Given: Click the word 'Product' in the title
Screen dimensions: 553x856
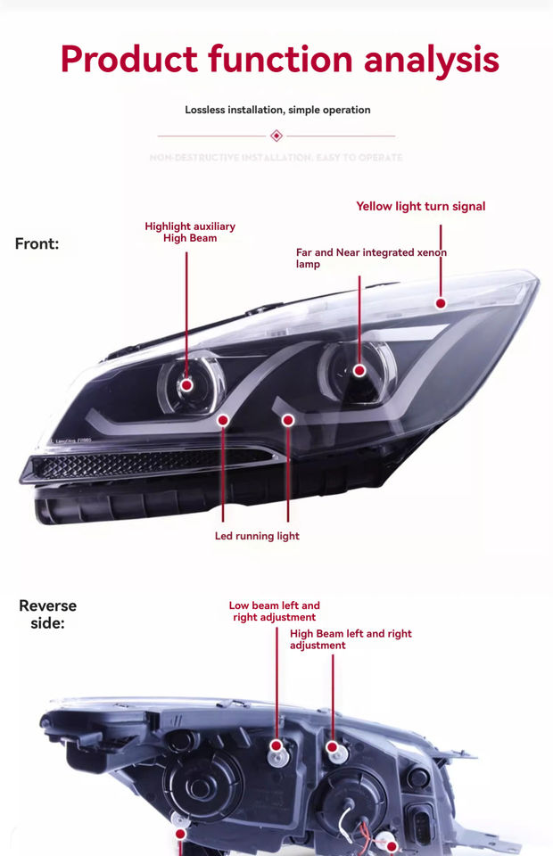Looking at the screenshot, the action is pyautogui.click(x=128, y=59).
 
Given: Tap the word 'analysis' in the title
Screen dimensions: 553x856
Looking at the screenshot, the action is pyautogui.click(x=432, y=59).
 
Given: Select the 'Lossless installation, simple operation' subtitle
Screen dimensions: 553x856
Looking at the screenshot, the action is pyautogui.click(x=277, y=110).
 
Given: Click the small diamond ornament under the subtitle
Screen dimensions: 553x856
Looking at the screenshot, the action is pyautogui.click(x=276, y=136).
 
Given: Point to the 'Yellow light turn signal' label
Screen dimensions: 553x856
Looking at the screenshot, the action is pyautogui.click(x=421, y=206).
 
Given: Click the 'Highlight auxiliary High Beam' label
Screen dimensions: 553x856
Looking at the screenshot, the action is pyautogui.click(x=190, y=232).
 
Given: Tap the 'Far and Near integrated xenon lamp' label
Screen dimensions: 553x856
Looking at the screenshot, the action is pyautogui.click(x=371, y=258).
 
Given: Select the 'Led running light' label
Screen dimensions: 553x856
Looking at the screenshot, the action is pyautogui.click(x=257, y=536).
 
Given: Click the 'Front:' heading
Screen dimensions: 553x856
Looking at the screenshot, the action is pyautogui.click(x=37, y=243).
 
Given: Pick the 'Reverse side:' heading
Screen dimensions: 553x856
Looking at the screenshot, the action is pyautogui.click(x=48, y=614).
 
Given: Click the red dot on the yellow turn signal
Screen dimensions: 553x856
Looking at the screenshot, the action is pyautogui.click(x=441, y=303).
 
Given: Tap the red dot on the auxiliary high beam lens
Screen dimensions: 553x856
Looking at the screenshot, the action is pyautogui.click(x=187, y=384).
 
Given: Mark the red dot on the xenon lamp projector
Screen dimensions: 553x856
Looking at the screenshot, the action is pyautogui.click(x=359, y=369).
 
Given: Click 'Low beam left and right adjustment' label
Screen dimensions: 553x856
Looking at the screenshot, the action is pyautogui.click(x=275, y=611).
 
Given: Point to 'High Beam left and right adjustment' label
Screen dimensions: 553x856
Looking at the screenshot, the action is pyautogui.click(x=351, y=638).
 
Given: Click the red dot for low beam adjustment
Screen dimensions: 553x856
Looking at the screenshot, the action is pyautogui.click(x=276, y=745).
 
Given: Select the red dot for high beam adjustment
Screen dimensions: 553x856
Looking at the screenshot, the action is pyautogui.click(x=332, y=745).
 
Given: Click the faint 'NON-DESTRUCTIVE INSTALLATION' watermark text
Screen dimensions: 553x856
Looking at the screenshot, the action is pyautogui.click(x=276, y=158).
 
